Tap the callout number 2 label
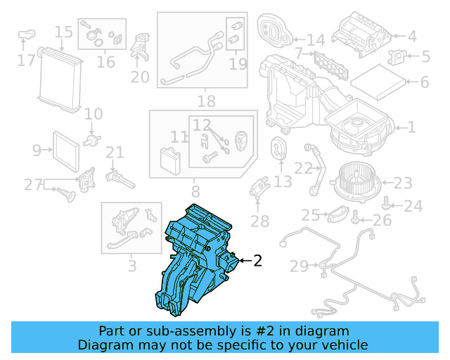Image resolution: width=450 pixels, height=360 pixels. tap(257, 261)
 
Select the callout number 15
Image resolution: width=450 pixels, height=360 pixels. tap(63, 32)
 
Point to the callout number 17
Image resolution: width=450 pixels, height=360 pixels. tap(26, 60)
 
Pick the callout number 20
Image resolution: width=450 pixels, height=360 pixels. tap(140, 76)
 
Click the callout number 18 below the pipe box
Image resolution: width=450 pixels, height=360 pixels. tap(206, 101)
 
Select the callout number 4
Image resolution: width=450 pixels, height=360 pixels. tap(412, 36)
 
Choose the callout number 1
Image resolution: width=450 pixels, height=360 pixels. tap(412, 127)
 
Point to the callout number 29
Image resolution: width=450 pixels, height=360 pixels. tap(300, 266)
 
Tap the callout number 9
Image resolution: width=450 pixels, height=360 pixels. tap(38, 149)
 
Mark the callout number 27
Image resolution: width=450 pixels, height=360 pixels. tap(33, 184)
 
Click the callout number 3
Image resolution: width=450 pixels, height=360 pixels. tap(132, 266)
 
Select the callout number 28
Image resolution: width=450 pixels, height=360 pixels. tap(259, 221)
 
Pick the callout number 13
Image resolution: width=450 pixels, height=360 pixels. tap(283, 182)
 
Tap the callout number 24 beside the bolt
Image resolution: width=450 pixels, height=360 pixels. tap(413, 206)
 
